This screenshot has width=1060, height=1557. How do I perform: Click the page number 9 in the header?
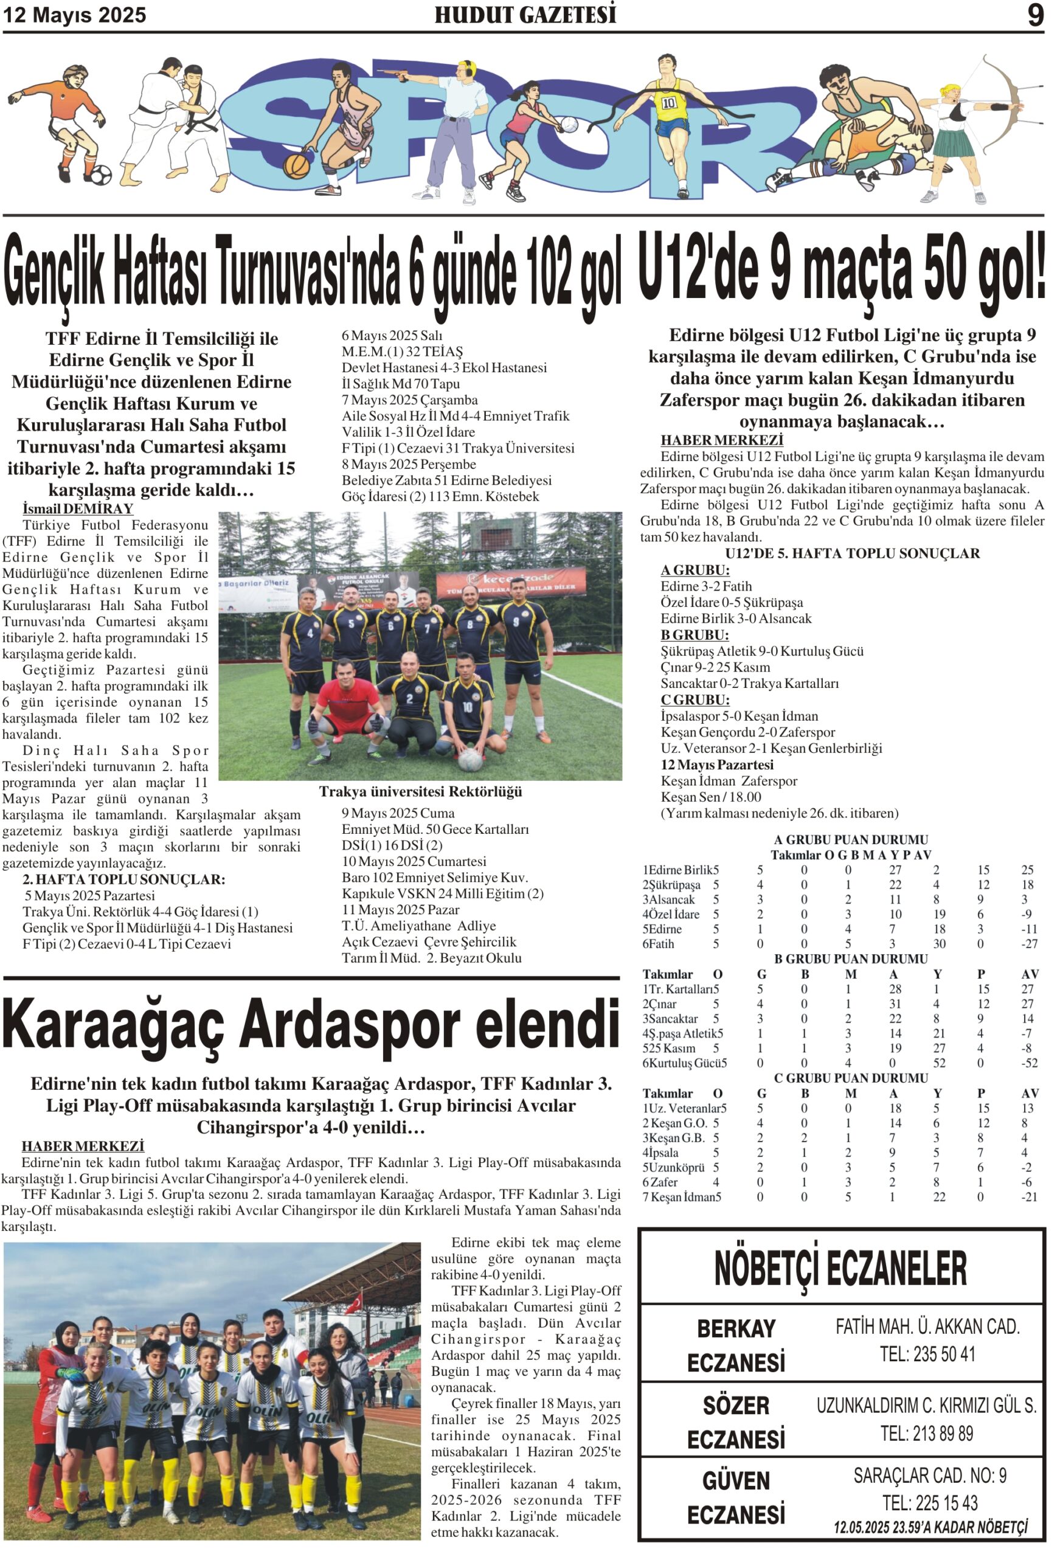pyautogui.click(x=1034, y=15)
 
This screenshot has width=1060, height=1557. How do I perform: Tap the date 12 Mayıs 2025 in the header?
pyautogui.click(x=74, y=15)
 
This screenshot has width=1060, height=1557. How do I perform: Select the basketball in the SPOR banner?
pyautogui.click(x=296, y=165)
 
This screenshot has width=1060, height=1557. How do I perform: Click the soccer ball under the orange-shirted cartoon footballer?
pyautogui.click(x=100, y=175)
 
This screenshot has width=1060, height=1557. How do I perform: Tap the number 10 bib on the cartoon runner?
pyautogui.click(x=670, y=103)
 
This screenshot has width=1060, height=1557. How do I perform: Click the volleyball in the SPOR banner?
pyautogui.click(x=568, y=125)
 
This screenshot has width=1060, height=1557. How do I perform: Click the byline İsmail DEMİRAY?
pyautogui.click(x=78, y=508)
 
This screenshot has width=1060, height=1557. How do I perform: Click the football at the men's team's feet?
pyautogui.click(x=469, y=758)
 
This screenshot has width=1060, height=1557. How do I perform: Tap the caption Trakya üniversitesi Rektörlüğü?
pyautogui.click(x=420, y=791)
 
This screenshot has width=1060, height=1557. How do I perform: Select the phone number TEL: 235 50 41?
pyautogui.click(x=927, y=1354)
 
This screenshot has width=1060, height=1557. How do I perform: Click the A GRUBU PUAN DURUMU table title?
pyautogui.click(x=851, y=839)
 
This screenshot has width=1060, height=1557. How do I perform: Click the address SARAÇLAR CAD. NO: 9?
pyautogui.click(x=929, y=1476)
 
